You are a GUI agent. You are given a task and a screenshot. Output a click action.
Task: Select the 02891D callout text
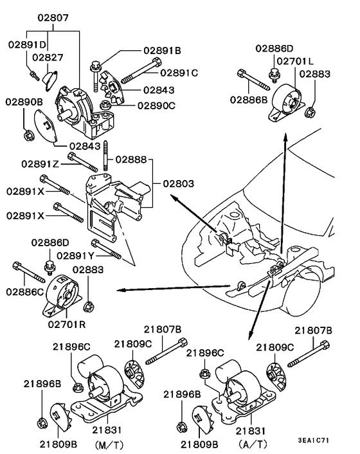[x=27, y=45]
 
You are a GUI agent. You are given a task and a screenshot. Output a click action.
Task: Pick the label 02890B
[x=25, y=102]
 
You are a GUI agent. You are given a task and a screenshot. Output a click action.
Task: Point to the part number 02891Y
[x=75, y=255]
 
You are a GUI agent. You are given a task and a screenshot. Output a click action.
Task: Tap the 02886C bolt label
[x=25, y=291]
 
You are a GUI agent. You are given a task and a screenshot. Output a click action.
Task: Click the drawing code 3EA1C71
[x=314, y=440]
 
